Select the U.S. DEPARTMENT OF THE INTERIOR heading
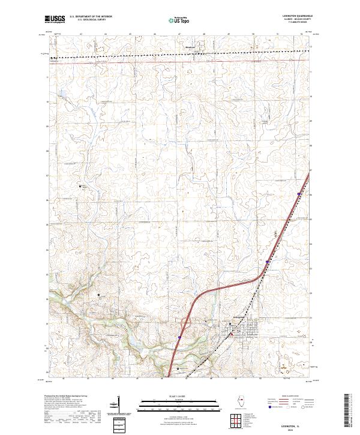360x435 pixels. (91, 17)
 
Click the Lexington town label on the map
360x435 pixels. (238, 318)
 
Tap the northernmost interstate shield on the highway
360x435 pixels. (298, 193)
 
